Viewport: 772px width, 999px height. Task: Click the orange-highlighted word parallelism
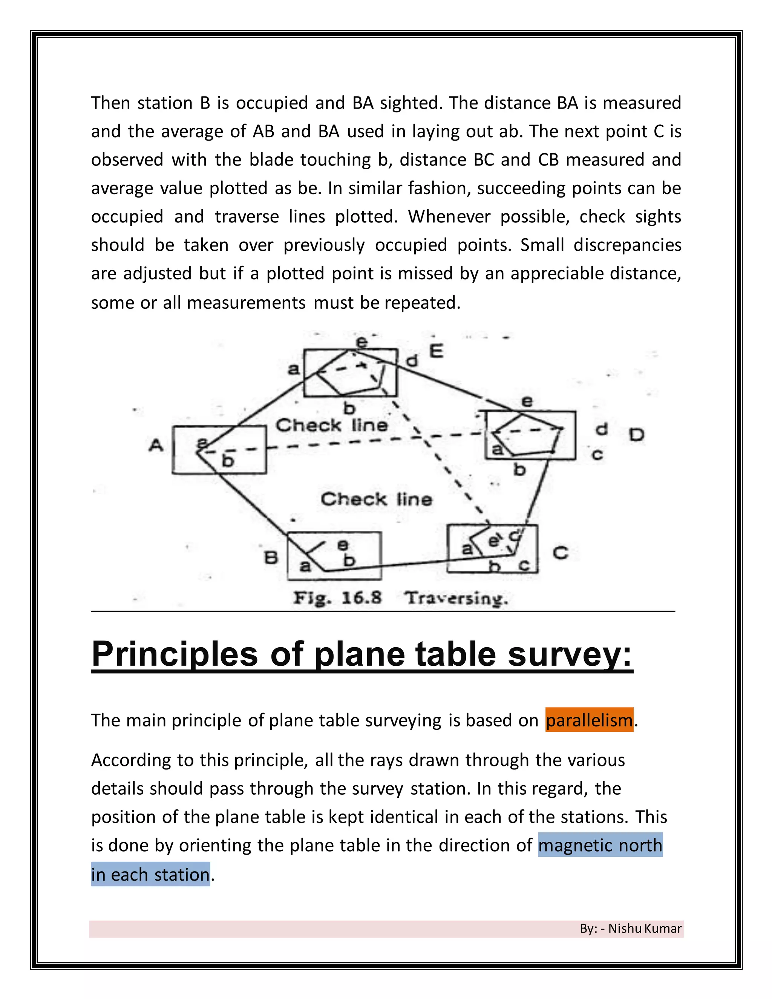[x=589, y=720]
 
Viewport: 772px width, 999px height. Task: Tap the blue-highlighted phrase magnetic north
[x=600, y=845]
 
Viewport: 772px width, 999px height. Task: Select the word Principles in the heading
[x=174, y=654]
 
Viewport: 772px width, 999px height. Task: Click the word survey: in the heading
[x=570, y=654]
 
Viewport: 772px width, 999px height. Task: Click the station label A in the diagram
[x=156, y=445]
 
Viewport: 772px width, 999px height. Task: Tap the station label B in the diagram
[x=271, y=558]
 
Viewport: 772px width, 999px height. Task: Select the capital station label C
[x=560, y=553]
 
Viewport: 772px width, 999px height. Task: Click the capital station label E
[x=436, y=351]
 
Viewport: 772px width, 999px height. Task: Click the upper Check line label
[x=332, y=425]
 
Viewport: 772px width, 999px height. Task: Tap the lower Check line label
[x=376, y=499]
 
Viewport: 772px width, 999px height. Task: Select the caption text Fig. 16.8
[x=337, y=598]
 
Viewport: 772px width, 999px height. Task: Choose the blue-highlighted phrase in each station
[x=150, y=875]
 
